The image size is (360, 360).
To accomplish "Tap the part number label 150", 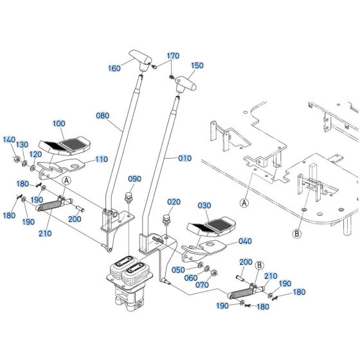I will click(197, 65).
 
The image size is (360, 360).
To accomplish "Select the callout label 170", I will click(174, 56).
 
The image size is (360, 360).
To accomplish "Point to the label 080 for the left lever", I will click(103, 116).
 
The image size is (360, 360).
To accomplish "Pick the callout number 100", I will click(59, 122).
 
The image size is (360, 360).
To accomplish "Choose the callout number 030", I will click(204, 206).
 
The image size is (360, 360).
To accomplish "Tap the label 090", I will click(134, 179).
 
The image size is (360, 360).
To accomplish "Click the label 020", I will click(173, 202).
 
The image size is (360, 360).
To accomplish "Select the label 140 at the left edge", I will click(9, 139).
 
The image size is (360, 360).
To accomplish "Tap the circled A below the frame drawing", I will click(244, 203).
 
